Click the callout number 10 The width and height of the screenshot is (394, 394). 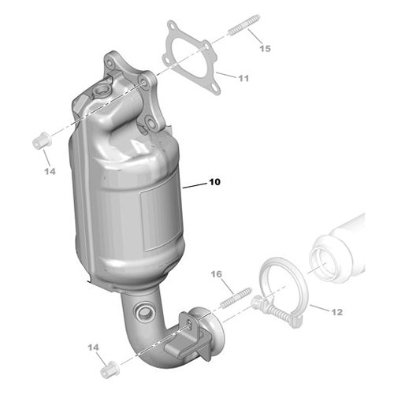pyautogui.click(x=215, y=182)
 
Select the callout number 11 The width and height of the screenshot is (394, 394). pyautogui.click(x=243, y=79)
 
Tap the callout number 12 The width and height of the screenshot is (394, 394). pyautogui.click(x=336, y=312)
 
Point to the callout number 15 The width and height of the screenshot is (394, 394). pyautogui.click(x=265, y=49)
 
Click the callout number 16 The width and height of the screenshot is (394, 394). pyautogui.click(x=217, y=274)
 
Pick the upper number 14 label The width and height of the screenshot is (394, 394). pyautogui.click(x=50, y=170)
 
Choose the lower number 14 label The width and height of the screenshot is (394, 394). pyautogui.click(x=94, y=348)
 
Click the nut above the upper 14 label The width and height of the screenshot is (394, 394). pyautogui.click(x=37, y=143)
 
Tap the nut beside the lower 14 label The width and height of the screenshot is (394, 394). pyautogui.click(x=110, y=366)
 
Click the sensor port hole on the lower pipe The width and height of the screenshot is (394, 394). pyautogui.click(x=145, y=313)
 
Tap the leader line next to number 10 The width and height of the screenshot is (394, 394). pyautogui.click(x=194, y=187)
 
